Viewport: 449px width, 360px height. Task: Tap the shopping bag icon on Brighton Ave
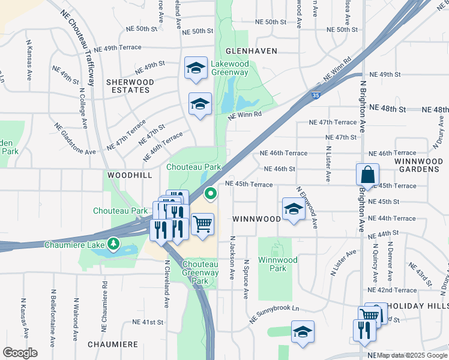point(367,175)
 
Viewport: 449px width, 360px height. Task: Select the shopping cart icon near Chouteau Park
point(203,225)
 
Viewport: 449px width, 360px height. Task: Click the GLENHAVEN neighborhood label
point(252,51)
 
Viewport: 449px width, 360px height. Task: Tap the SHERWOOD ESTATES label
point(130,86)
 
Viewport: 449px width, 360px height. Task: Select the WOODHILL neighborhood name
point(127,174)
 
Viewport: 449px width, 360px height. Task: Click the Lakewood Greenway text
point(229,68)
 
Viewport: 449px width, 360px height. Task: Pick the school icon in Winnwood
point(293,210)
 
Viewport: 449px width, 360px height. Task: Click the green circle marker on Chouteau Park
point(210,193)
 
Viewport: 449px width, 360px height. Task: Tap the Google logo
point(20,353)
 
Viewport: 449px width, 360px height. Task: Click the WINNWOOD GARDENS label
point(418,166)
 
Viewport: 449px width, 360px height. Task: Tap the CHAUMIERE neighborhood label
point(113,344)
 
